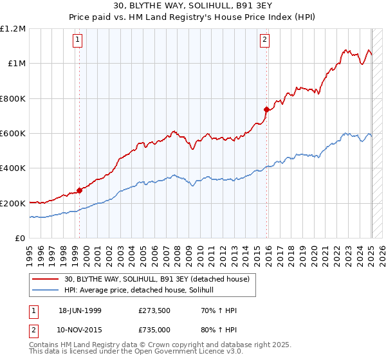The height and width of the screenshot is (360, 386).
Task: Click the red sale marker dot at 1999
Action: (x=79, y=190)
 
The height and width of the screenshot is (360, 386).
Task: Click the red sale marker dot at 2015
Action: (x=266, y=109)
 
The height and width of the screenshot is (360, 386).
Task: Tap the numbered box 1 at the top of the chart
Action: (x=77, y=40)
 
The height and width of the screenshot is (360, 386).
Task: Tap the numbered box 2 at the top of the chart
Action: (x=264, y=40)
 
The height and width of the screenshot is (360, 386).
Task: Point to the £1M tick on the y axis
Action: (x=17, y=64)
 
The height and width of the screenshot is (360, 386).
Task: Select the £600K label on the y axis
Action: (x=13, y=133)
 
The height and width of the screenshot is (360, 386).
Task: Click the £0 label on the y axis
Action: (x=20, y=239)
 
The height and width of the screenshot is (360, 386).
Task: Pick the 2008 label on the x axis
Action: (x=178, y=256)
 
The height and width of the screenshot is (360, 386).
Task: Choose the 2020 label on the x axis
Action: (x=314, y=256)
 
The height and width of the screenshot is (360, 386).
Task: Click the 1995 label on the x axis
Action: (x=30, y=256)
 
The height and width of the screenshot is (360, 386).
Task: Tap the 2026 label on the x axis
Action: (x=382, y=256)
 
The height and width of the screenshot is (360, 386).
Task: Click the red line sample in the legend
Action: (x=45, y=279)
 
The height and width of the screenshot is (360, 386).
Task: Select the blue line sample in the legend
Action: (x=45, y=290)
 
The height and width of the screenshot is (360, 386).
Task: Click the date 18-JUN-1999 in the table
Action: (x=80, y=310)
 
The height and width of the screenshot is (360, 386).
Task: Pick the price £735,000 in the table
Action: (x=154, y=330)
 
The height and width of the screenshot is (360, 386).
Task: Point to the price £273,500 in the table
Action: (x=154, y=310)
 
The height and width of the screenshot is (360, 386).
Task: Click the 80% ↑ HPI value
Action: (x=219, y=330)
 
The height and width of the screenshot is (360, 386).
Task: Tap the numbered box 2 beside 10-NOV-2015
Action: (x=33, y=331)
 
